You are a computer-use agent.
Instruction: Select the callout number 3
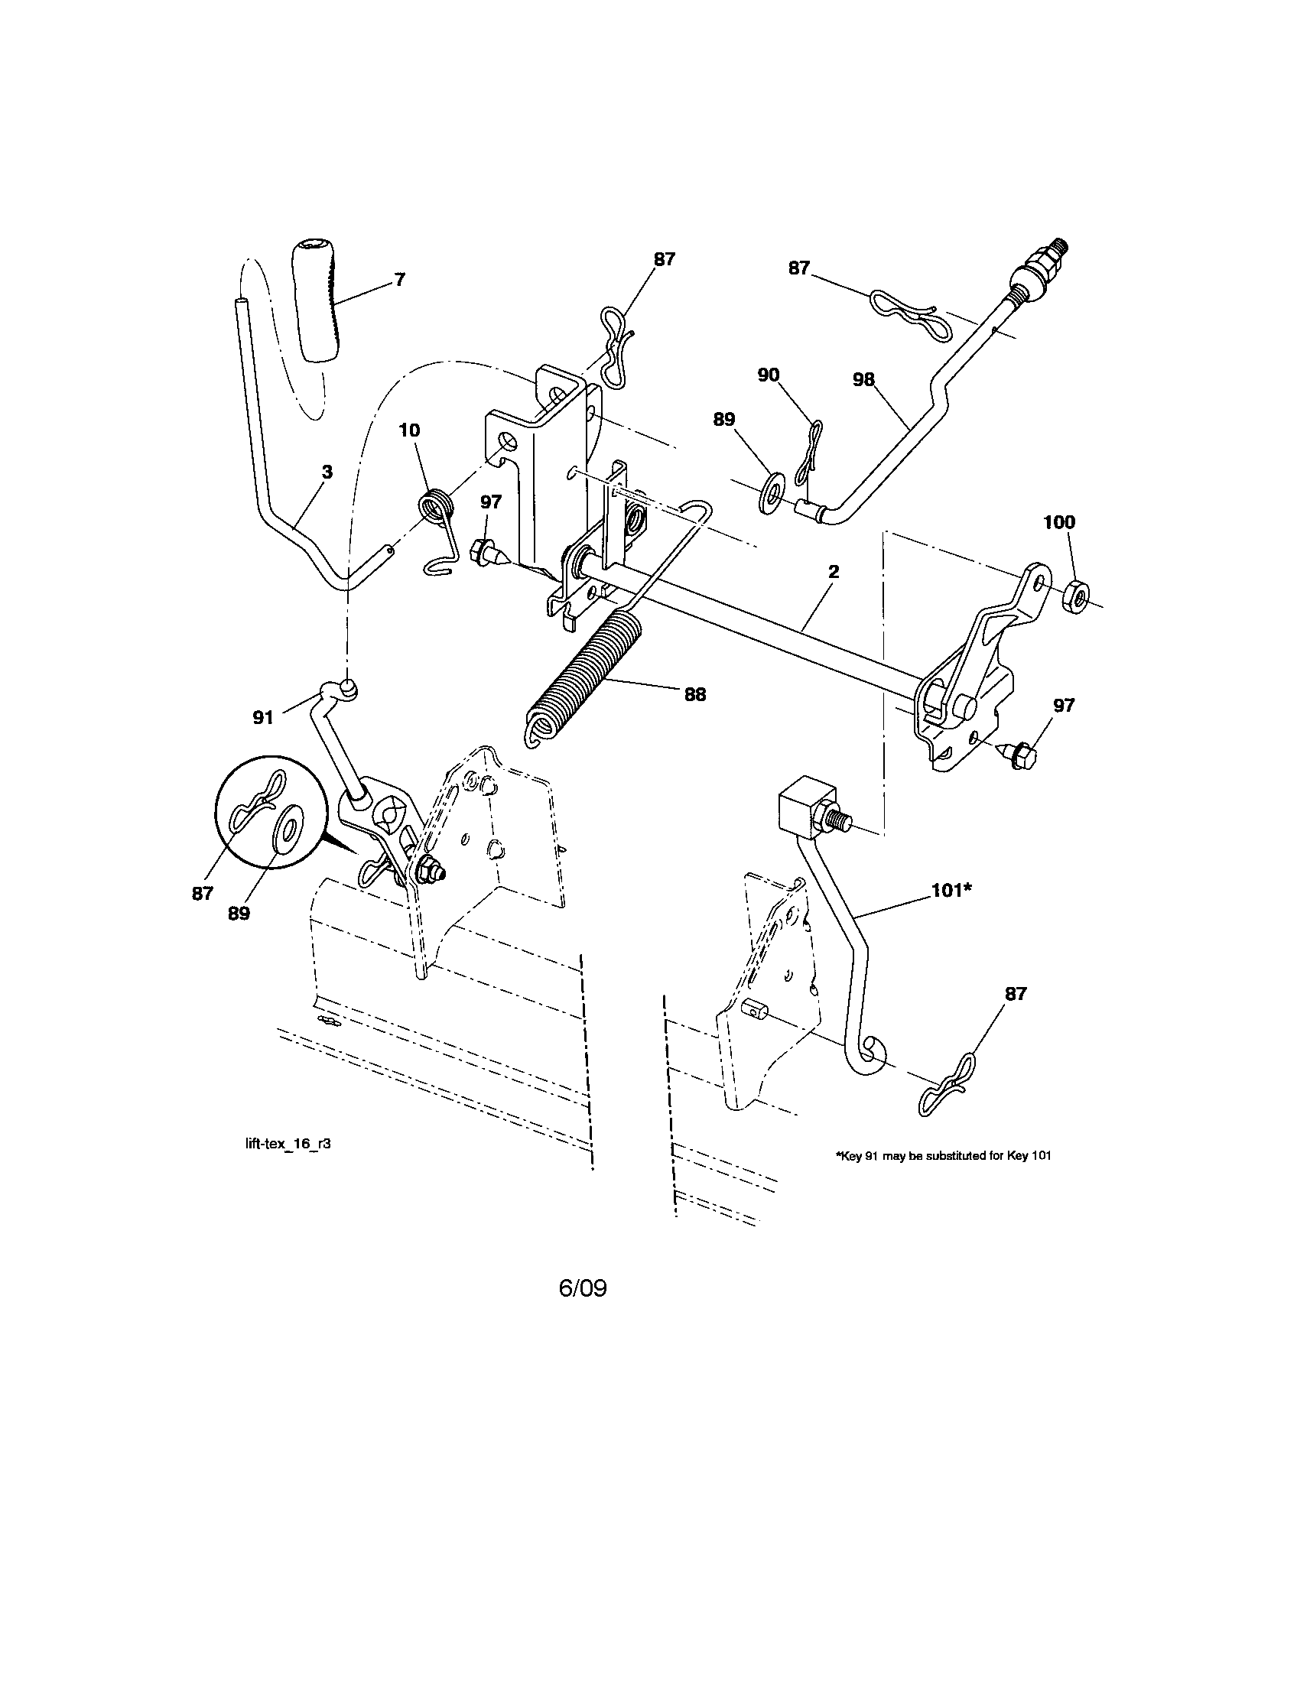(x=327, y=472)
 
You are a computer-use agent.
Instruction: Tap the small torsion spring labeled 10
(x=438, y=511)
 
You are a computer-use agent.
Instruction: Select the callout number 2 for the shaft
(x=834, y=571)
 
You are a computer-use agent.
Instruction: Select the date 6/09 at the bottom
(x=583, y=1288)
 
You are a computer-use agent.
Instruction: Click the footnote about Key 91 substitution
(x=943, y=1177)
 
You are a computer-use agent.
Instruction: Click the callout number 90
(x=769, y=375)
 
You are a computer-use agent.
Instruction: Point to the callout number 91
(x=263, y=718)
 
